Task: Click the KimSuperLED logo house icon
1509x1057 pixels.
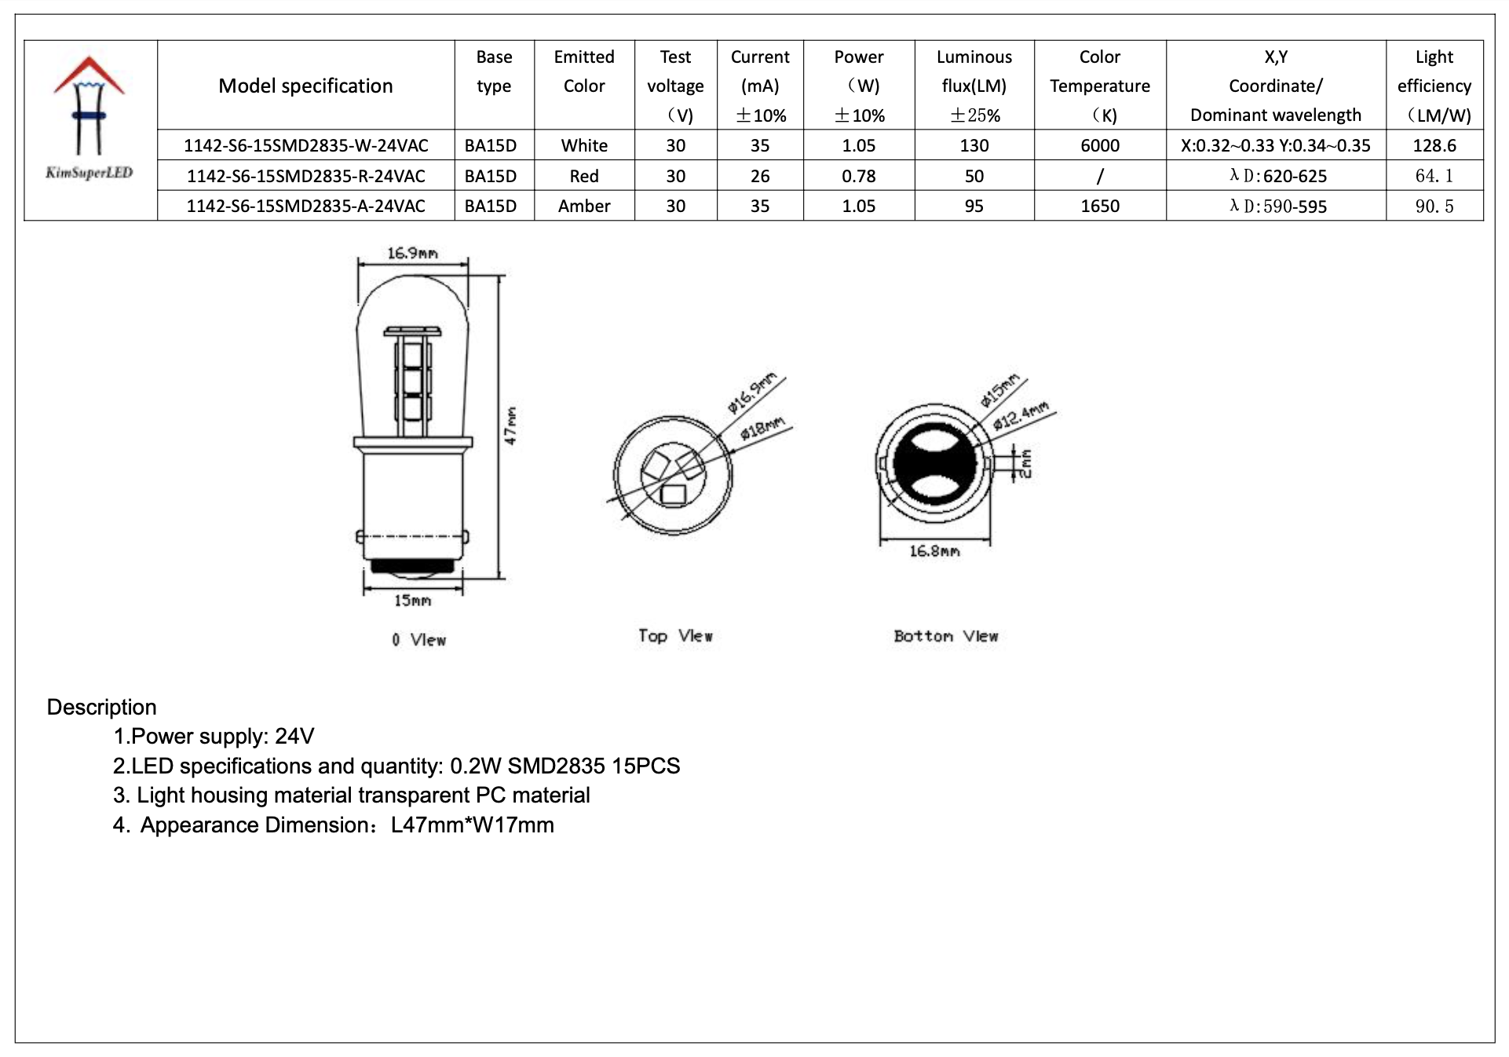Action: pos(89,106)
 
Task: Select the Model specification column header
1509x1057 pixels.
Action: pos(305,86)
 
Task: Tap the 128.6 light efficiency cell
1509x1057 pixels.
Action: pos(1434,145)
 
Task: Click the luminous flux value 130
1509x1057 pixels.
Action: pos(974,145)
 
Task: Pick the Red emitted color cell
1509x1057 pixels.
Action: pos(584,176)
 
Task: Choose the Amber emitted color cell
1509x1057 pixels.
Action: pos(584,206)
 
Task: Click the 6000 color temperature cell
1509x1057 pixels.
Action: pos(1099,145)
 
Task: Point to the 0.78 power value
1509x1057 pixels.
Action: pos(858,176)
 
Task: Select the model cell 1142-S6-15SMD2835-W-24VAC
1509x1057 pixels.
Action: pos(305,145)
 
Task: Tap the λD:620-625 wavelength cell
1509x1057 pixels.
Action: pos(1277,176)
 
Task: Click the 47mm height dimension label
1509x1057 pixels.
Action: pos(511,426)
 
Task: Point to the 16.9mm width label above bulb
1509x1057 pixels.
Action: pos(412,253)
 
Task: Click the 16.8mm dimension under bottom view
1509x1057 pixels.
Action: pos(934,551)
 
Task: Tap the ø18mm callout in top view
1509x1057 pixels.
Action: pos(762,430)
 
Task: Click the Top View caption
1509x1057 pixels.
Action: pos(675,636)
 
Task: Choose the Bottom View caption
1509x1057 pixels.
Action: pos(945,636)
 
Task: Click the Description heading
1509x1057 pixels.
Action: pos(102,707)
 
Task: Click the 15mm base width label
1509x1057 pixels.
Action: pos(412,601)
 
